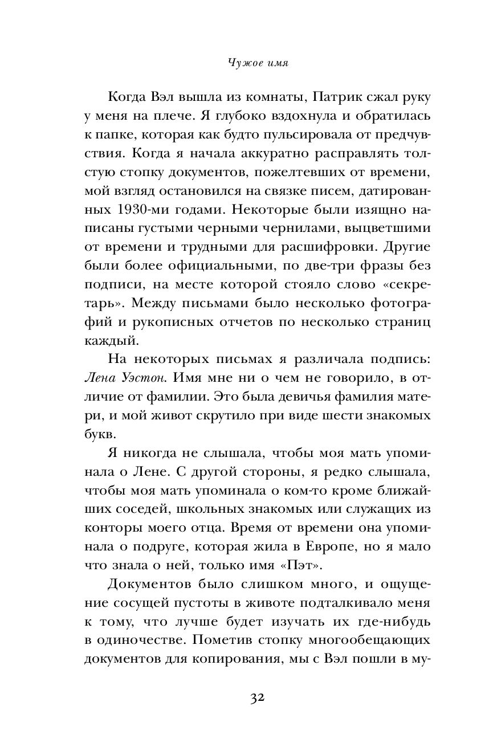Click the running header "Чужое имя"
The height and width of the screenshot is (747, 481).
coord(240,64)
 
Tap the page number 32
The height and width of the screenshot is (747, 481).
coord(240,699)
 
